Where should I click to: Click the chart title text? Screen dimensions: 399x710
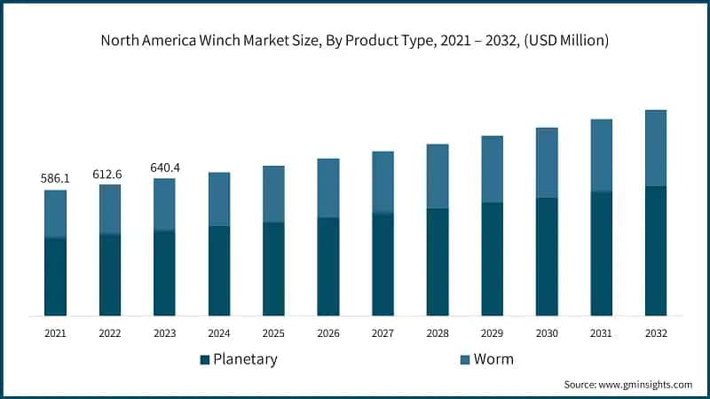pos(355,41)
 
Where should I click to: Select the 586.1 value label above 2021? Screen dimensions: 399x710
pos(55,179)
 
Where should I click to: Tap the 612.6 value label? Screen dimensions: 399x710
pos(109,174)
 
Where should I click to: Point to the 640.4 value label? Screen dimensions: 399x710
pos(164,168)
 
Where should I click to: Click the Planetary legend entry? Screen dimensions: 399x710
pos(239,359)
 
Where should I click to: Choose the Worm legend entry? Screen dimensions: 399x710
pos(493,359)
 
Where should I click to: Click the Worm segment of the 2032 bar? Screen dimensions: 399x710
pos(656,148)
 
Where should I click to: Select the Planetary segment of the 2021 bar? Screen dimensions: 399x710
pos(55,277)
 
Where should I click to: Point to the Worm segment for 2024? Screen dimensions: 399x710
pos(219,199)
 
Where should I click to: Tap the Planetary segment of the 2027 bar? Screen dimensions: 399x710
pos(383,264)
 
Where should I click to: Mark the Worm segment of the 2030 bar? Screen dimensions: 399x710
pos(547,162)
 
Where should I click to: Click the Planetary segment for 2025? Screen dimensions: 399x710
pos(273,269)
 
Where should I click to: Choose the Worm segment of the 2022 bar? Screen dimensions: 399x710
pos(110,209)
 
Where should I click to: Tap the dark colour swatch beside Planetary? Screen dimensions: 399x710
pos(204,359)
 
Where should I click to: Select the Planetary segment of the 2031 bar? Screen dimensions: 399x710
pos(601,254)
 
